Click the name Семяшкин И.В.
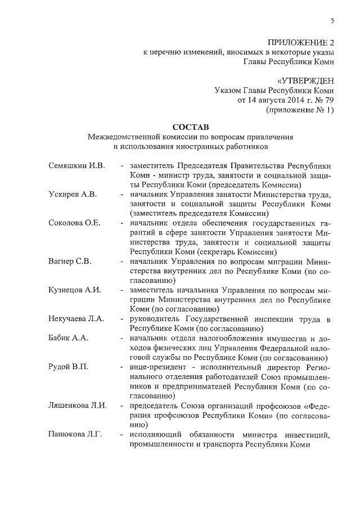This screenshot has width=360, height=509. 77,166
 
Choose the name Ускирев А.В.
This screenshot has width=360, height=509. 73,195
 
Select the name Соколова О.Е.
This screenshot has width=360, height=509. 75,223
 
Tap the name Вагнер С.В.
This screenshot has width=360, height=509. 70,262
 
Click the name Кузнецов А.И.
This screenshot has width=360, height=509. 74,290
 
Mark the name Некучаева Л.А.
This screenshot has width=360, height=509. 76,319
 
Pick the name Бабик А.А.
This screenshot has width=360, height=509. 69,338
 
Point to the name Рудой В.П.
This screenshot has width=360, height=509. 69,367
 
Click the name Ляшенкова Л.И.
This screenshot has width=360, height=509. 78,405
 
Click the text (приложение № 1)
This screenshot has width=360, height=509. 300,110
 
